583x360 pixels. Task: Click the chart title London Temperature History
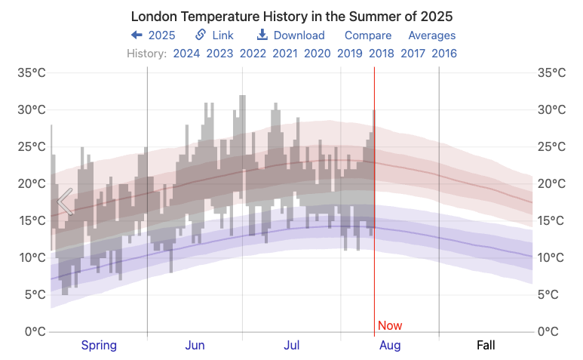click(292, 16)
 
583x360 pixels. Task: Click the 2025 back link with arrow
click(153, 35)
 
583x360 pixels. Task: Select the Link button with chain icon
click(215, 35)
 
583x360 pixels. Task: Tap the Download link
click(291, 35)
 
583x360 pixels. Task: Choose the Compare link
click(368, 35)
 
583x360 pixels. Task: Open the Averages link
click(432, 35)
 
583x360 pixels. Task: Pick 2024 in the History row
click(186, 54)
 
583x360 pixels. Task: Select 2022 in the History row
click(253, 54)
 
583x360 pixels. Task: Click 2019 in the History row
click(349, 54)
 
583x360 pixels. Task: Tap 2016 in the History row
click(444, 54)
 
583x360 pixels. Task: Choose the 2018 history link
click(382, 54)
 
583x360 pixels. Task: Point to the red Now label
click(390, 326)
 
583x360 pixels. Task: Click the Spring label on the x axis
click(99, 346)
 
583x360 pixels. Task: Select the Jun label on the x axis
click(195, 346)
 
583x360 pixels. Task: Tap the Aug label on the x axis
click(390, 346)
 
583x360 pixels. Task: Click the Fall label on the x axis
click(486, 346)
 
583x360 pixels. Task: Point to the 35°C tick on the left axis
click(32, 73)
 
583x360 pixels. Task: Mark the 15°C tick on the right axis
click(551, 221)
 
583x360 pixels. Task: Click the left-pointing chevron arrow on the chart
click(65, 202)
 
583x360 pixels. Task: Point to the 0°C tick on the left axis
click(35, 331)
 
